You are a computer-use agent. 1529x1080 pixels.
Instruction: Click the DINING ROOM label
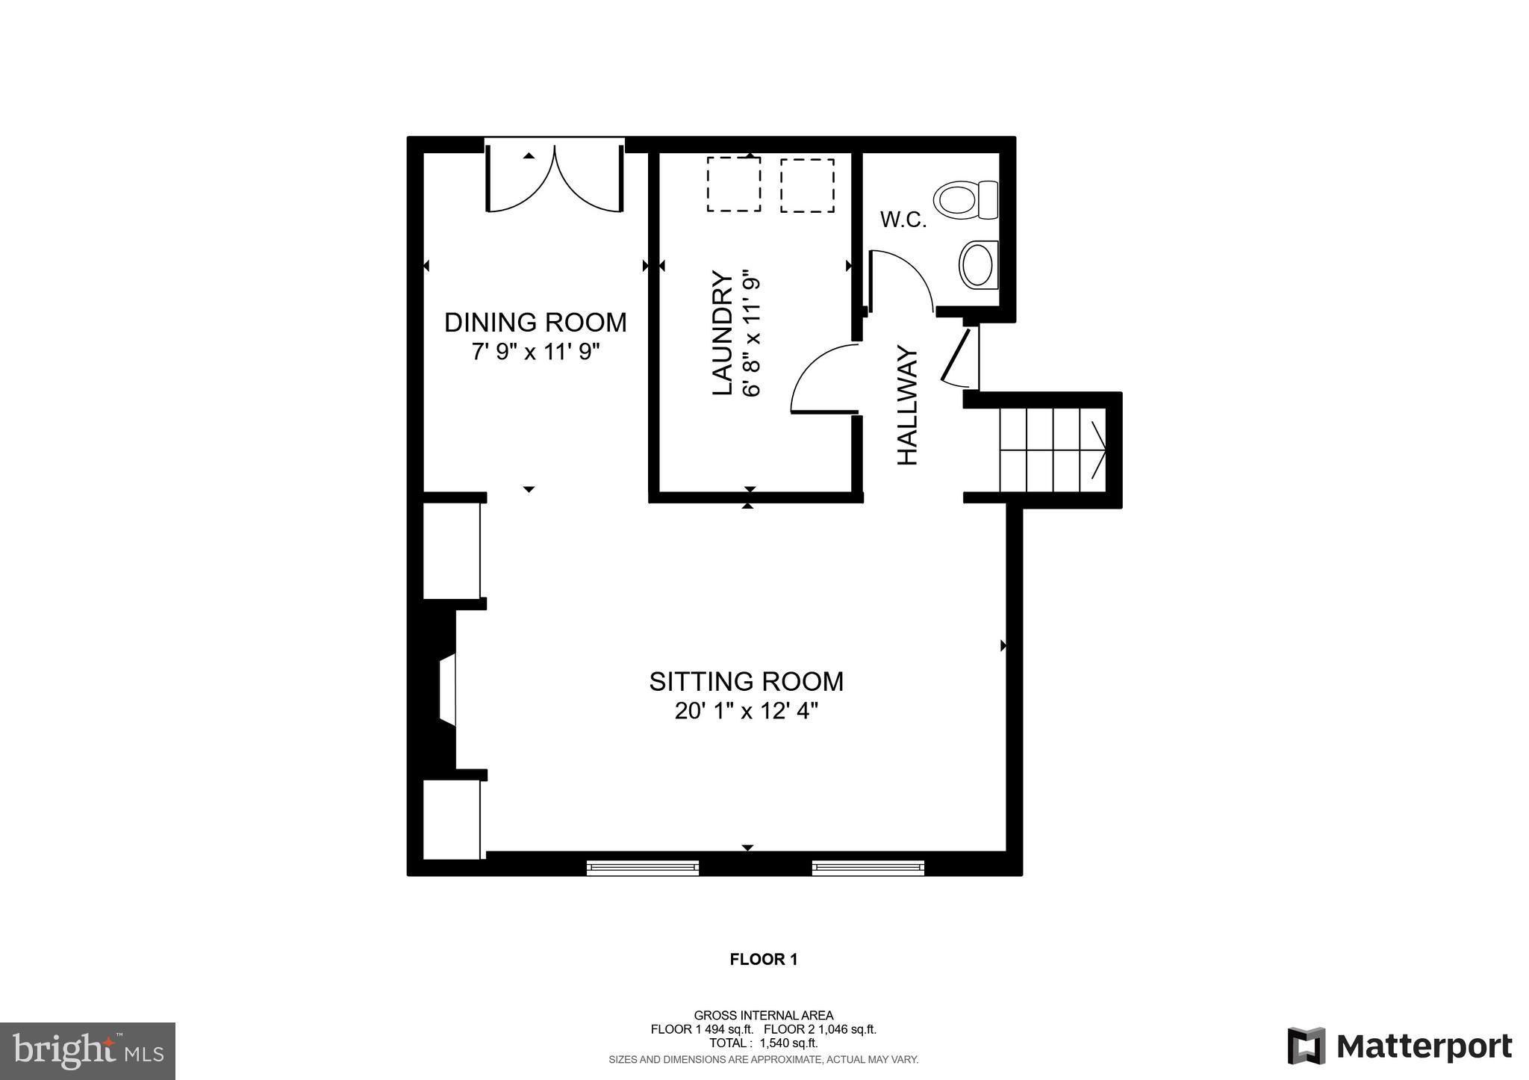(x=535, y=323)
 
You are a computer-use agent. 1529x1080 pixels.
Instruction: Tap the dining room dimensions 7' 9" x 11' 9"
(x=535, y=351)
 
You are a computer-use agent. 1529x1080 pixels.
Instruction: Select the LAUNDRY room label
(x=721, y=333)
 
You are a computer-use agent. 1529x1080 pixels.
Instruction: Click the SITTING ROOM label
(x=746, y=682)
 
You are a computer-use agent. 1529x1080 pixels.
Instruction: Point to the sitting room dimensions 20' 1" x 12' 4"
(x=746, y=711)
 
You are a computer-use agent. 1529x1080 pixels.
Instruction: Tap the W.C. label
(x=903, y=220)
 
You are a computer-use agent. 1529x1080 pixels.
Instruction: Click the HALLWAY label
(x=906, y=406)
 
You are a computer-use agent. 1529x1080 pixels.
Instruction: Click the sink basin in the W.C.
(x=978, y=264)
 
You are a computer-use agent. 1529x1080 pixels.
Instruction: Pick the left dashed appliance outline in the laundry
(x=733, y=184)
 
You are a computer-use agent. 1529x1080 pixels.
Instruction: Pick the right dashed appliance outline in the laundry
(x=807, y=185)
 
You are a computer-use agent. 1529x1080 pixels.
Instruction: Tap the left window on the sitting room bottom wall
(x=642, y=867)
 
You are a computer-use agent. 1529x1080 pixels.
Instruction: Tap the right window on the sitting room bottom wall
(x=868, y=867)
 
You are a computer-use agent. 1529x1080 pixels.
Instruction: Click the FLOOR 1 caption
(x=763, y=960)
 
